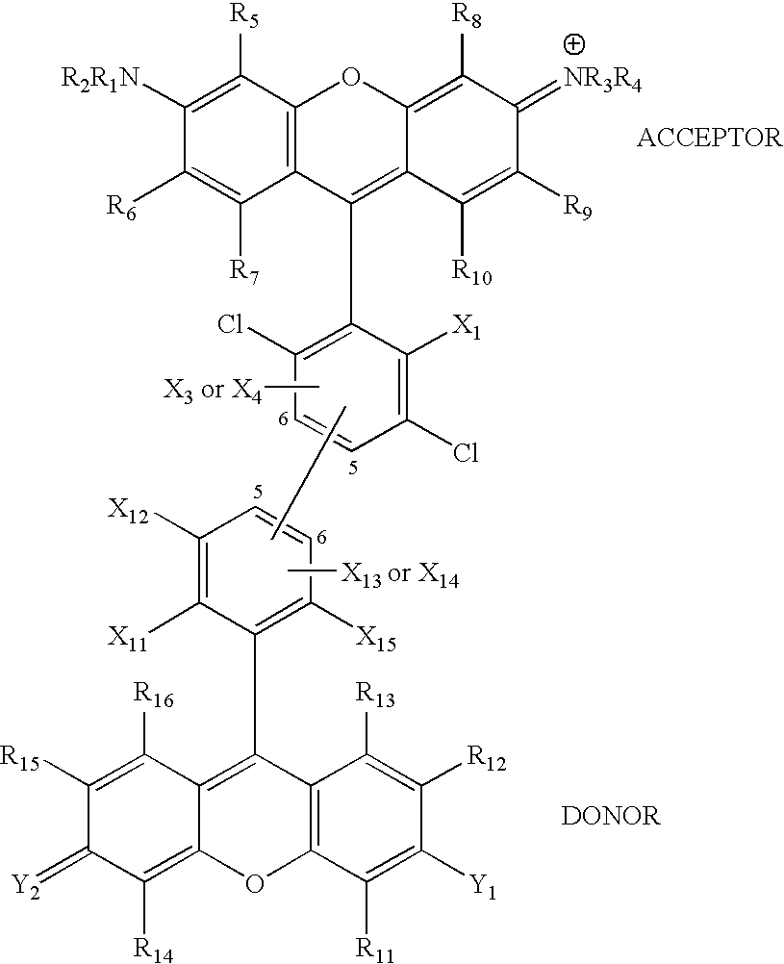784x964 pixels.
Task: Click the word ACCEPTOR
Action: [x=709, y=139]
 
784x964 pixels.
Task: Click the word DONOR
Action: [x=611, y=817]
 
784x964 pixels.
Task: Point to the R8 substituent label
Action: [x=467, y=17]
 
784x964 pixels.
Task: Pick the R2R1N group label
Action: [x=100, y=79]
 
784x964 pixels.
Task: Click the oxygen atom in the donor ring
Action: [x=254, y=883]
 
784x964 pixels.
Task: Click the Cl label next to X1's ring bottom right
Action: [x=466, y=454]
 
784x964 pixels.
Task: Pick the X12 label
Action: [x=129, y=514]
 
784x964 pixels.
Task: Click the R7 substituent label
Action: [x=244, y=272]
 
